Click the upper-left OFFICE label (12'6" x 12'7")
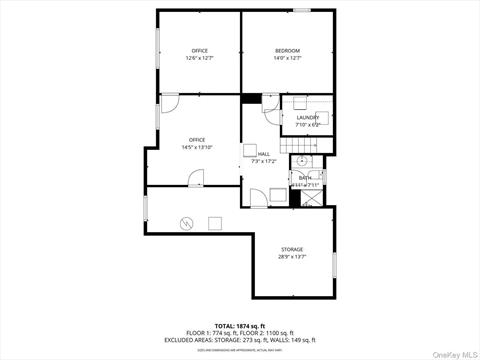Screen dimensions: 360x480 199,51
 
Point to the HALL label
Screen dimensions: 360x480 264,154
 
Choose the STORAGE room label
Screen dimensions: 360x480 292,249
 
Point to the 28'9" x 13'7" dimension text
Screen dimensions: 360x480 292,256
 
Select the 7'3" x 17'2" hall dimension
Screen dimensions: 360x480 263,161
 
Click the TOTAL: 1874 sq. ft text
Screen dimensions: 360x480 240,326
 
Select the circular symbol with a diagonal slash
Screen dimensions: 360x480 186,222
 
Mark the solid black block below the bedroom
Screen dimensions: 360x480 250,98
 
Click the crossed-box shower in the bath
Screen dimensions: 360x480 311,196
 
